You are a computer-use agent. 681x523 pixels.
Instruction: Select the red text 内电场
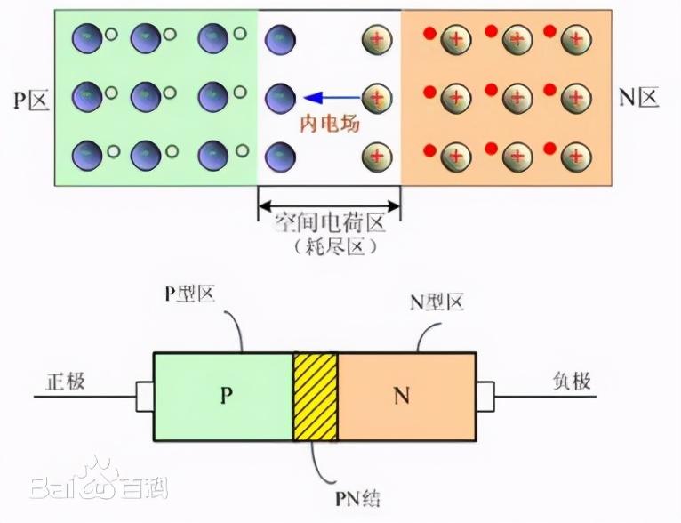click(x=328, y=125)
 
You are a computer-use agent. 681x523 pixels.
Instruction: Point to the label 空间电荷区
click(x=330, y=222)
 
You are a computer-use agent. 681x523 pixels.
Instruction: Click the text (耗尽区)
click(x=330, y=248)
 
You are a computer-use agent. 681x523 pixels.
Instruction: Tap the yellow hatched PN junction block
click(x=316, y=396)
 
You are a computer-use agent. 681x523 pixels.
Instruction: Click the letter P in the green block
click(x=225, y=397)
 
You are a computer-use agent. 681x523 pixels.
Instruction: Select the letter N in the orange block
click(x=402, y=397)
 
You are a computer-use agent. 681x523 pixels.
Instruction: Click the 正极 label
click(x=65, y=382)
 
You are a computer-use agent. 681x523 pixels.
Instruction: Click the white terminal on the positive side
click(x=144, y=397)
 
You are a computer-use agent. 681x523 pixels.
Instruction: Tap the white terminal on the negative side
click(x=485, y=397)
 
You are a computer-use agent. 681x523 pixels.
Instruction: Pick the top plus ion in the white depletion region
click(x=376, y=38)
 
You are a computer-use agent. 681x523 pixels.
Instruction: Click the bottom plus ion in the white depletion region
click(x=376, y=157)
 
